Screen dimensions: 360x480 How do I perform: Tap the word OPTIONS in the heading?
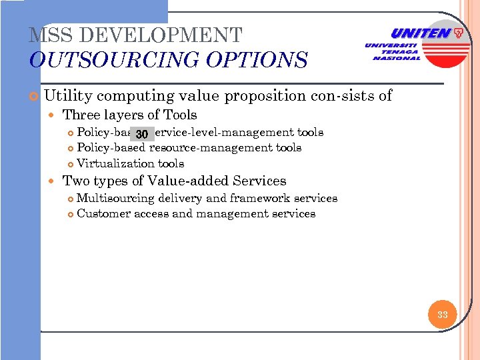tap(256, 61)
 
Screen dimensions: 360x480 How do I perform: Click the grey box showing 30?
tap(141, 134)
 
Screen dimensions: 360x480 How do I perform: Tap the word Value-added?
tap(179, 181)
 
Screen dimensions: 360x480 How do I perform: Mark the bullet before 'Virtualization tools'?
tap(71, 164)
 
